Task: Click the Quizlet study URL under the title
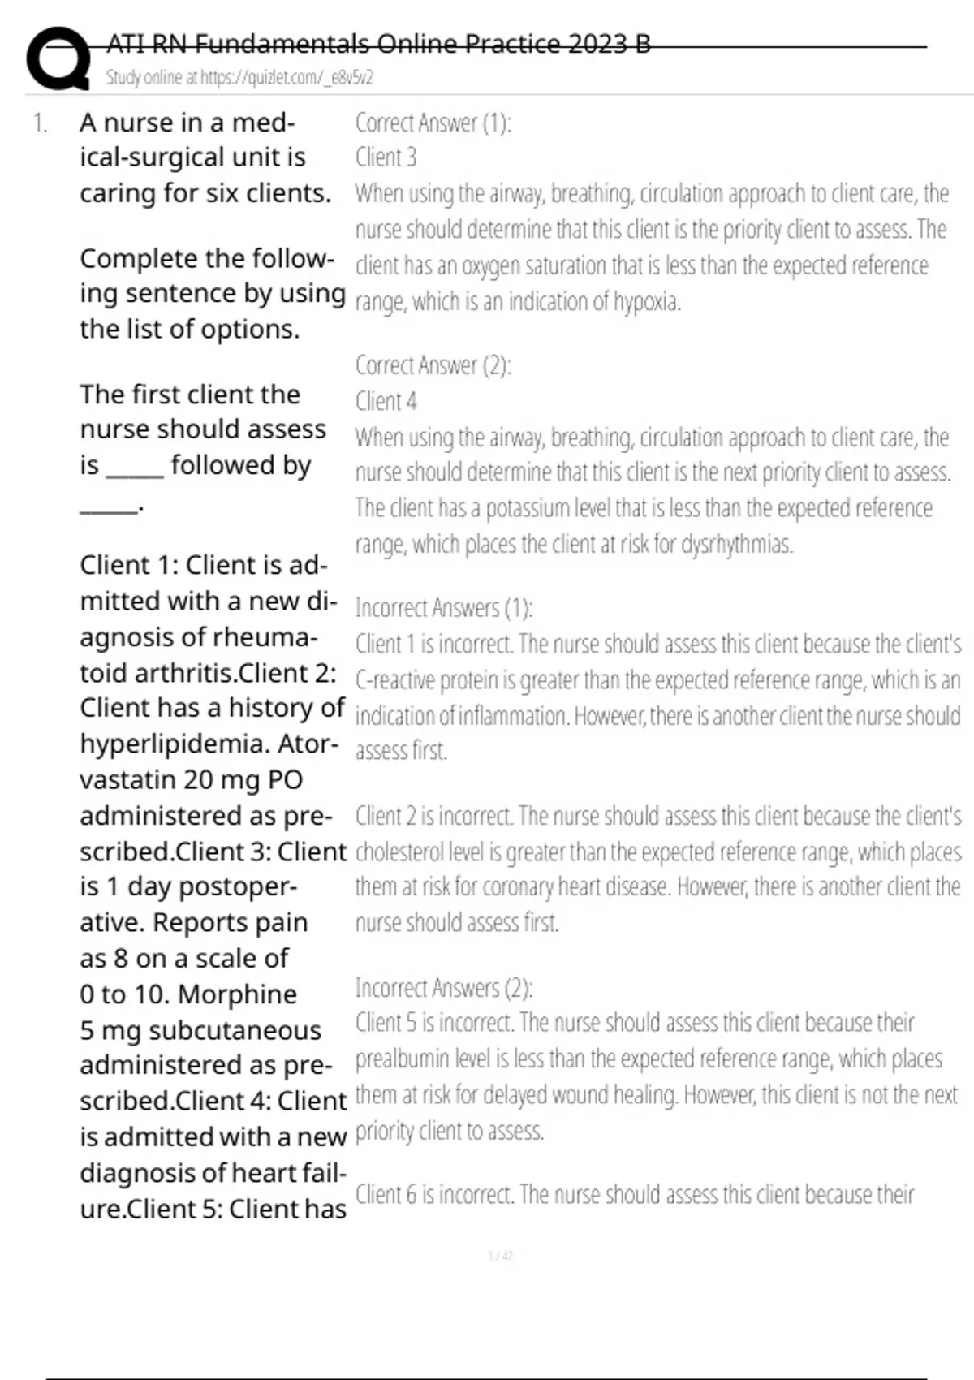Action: click(239, 78)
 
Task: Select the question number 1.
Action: click(41, 123)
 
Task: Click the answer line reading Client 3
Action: click(386, 157)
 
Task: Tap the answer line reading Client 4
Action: click(386, 401)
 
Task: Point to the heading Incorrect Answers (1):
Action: click(444, 607)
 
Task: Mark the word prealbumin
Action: click(402, 1059)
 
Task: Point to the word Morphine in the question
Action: click(237, 994)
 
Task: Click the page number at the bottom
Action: click(500, 1256)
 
